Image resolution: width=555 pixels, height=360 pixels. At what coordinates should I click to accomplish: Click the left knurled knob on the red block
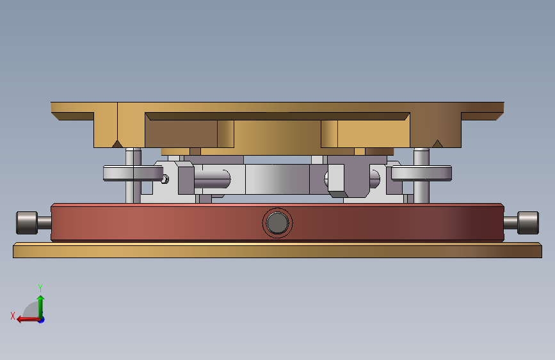pos(27,223)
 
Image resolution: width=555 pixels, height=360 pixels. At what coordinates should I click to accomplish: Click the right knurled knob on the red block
pos(528,223)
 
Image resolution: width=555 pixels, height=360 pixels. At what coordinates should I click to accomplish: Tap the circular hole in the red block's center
pos(278,223)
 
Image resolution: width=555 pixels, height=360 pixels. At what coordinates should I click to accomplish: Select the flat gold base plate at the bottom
pos(278,250)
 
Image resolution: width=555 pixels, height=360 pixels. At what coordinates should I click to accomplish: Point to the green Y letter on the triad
pos(40,288)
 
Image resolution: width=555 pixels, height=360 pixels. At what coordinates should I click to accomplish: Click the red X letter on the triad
pos(13,316)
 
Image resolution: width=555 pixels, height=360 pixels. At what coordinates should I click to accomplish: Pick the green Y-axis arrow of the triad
pos(41,307)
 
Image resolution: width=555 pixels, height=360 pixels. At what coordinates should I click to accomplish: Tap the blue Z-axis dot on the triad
pos(42,320)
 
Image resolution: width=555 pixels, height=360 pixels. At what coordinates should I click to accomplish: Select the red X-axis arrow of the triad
pos(28,320)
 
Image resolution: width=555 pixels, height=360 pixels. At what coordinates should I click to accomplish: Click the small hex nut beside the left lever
pos(165,179)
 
